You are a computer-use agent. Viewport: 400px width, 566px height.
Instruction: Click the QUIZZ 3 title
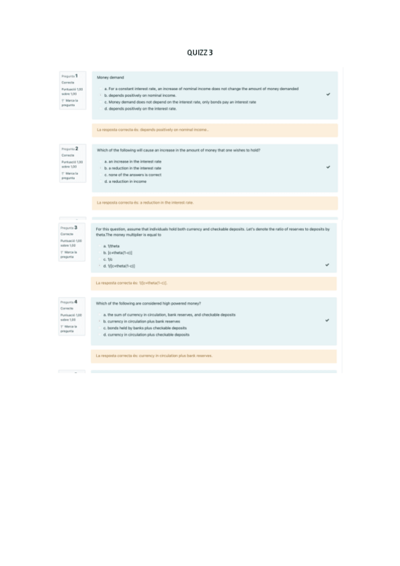(200, 52)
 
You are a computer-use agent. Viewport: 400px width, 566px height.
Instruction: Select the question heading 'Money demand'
(110, 77)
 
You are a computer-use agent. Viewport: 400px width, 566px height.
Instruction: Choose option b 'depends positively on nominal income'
(139, 95)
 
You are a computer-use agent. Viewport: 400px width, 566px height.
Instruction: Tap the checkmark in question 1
(328, 95)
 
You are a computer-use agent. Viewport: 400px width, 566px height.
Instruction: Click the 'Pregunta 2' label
(69, 149)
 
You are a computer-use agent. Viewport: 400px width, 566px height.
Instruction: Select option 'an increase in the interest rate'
(132, 162)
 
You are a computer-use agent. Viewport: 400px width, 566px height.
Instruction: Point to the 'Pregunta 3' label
(69, 228)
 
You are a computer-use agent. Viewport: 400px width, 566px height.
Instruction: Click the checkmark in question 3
(327, 265)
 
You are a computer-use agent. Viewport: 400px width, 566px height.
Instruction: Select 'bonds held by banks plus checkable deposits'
(144, 328)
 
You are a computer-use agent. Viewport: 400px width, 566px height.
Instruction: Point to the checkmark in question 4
(327, 321)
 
